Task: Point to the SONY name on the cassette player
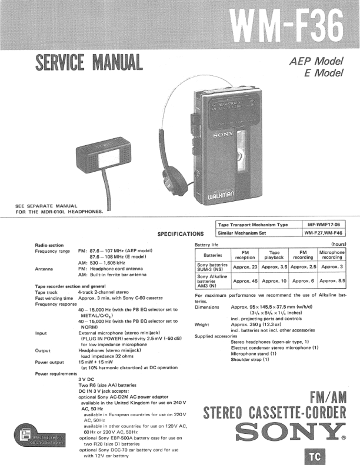[219, 135]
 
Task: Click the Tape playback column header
[274, 256]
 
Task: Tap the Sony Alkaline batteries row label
[213, 280]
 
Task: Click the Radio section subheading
[49, 245]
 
